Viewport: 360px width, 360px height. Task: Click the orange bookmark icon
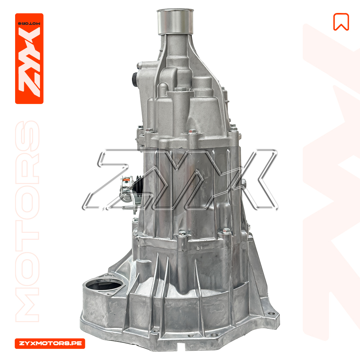(341, 22)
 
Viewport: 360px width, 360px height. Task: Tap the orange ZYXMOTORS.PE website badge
(50, 343)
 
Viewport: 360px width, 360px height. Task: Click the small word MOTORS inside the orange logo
(29, 23)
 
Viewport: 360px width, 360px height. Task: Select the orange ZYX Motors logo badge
(29, 59)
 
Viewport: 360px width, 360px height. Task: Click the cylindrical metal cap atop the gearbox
(175, 22)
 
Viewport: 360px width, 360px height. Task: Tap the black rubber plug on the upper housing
(134, 79)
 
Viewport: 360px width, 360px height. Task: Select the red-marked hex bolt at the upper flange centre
(192, 132)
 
